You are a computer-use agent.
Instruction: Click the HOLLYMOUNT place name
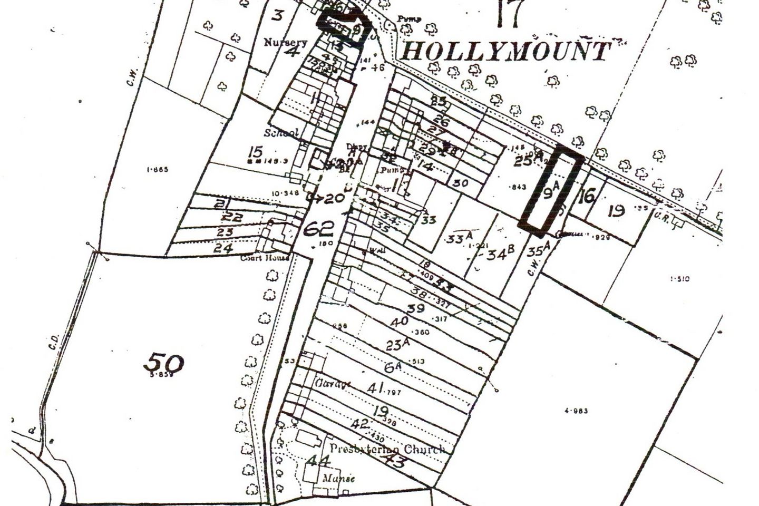coord(507,52)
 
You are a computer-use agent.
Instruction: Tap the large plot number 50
coord(164,363)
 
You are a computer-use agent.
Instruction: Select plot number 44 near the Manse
coord(319,461)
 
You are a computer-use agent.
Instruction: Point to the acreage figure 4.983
coord(576,411)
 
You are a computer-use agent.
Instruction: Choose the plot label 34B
coord(500,254)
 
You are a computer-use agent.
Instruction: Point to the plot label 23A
coord(398,344)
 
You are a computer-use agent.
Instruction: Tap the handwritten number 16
coord(586,196)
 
